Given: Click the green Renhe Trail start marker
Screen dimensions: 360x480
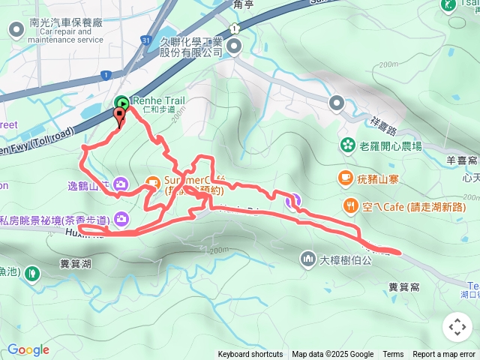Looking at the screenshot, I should pyautogui.click(x=121, y=102).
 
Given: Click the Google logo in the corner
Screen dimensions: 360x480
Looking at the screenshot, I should pyautogui.click(x=28, y=349).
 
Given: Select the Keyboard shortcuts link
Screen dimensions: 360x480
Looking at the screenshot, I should pyautogui.click(x=250, y=355).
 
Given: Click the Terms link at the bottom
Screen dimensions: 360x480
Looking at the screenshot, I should pyautogui.click(x=393, y=355).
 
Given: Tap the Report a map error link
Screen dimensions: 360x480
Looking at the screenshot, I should pyautogui.click(x=445, y=355).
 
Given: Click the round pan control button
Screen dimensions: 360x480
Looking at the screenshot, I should pyautogui.click(x=457, y=327).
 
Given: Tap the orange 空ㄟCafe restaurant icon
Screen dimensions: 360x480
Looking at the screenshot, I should pyautogui.click(x=350, y=205).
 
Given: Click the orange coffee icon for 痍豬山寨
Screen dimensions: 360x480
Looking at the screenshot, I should pyautogui.click(x=345, y=178).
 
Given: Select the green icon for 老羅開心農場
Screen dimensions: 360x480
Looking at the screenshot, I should pyautogui.click(x=347, y=145).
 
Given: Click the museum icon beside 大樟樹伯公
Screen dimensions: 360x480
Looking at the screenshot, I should pyautogui.click(x=307, y=259).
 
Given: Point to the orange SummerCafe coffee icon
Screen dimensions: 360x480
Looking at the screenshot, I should pyautogui.click(x=152, y=181).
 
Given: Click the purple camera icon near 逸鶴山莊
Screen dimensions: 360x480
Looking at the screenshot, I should pyautogui.click(x=121, y=184).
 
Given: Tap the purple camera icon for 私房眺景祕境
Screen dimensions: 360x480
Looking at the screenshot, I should pyautogui.click(x=121, y=219).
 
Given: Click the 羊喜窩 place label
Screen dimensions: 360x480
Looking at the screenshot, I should pyautogui.click(x=462, y=160).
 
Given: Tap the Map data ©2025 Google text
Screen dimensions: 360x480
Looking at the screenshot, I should pyautogui.click(x=332, y=355).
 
